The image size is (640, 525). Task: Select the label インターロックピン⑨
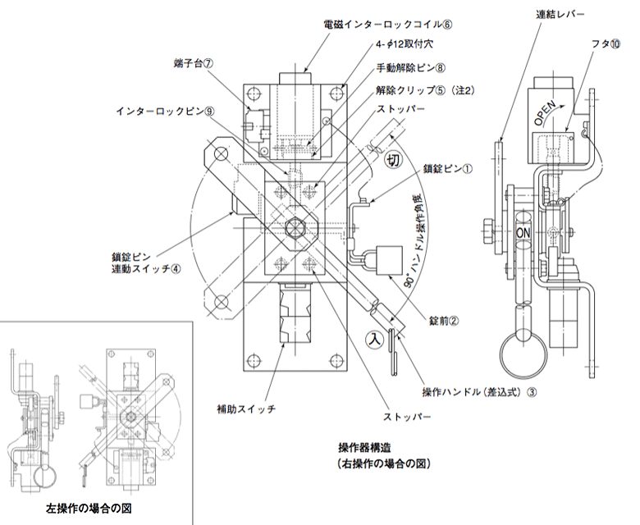[165, 110]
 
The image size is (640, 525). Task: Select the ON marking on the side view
[526, 234]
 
